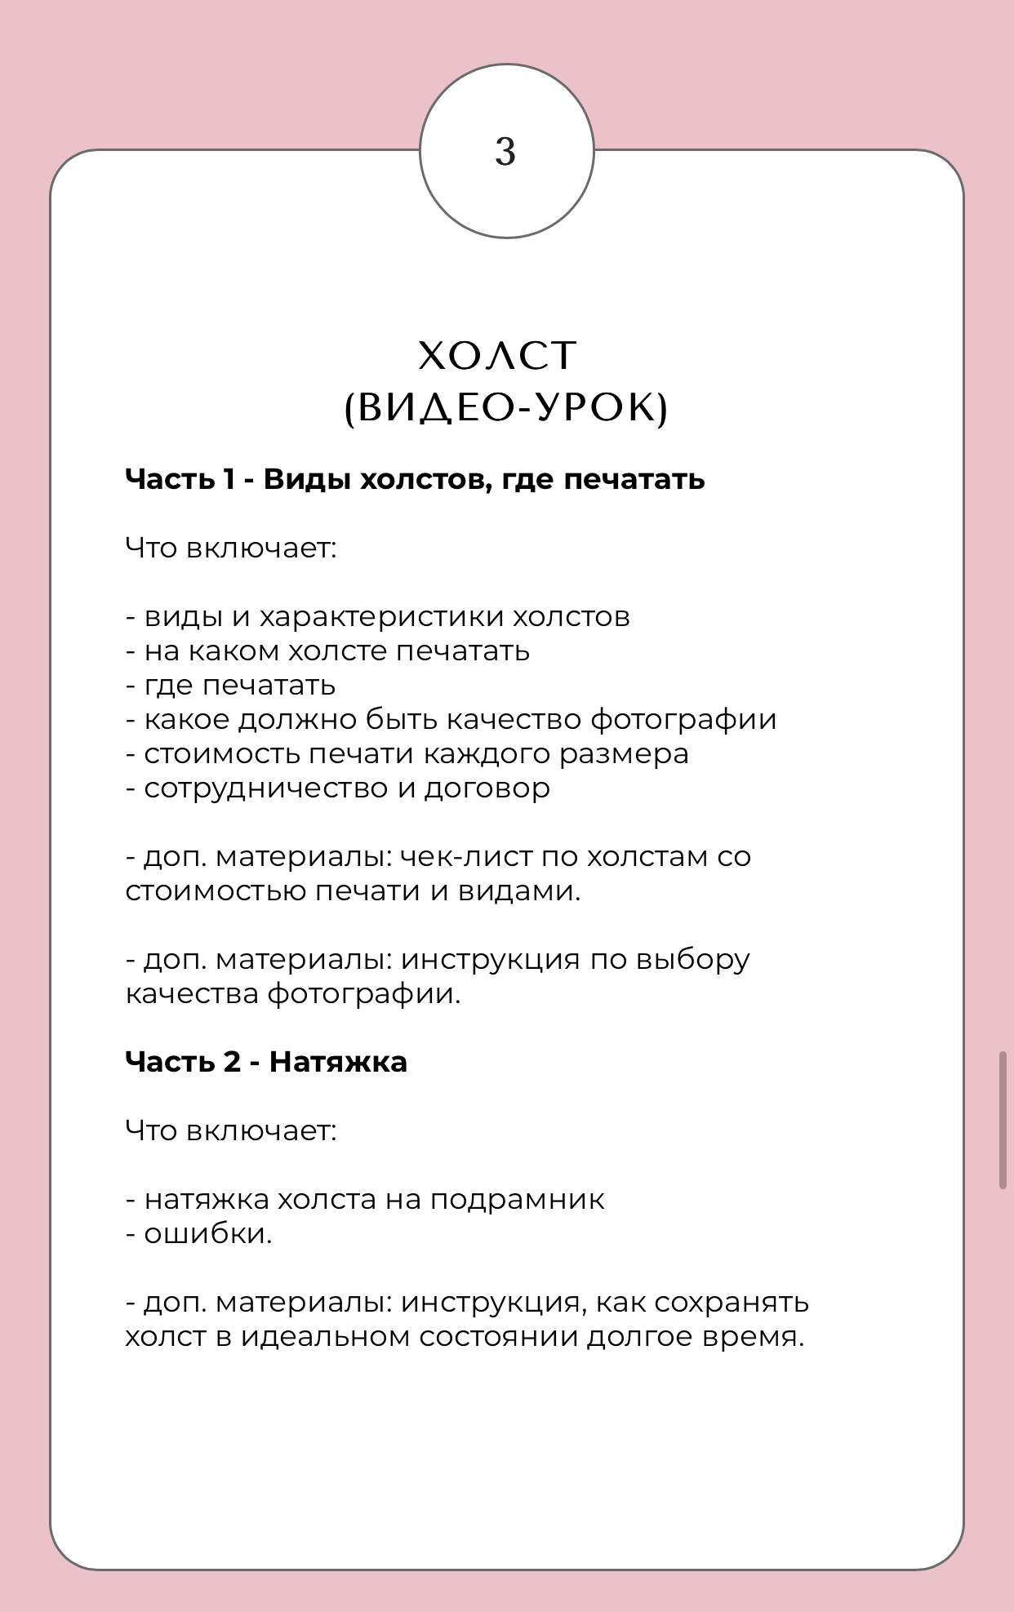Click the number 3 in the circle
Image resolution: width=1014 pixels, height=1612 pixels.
505,152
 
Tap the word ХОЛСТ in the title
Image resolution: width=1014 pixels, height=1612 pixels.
497,356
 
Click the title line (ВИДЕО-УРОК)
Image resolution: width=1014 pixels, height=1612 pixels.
506,407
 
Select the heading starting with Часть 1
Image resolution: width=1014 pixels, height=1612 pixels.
415,479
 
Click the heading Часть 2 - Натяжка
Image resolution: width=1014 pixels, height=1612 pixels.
266,1062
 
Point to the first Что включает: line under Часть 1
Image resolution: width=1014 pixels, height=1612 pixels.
231,548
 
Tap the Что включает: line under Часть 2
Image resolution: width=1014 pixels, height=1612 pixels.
231,1130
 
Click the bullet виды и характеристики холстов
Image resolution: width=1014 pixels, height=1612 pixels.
378,617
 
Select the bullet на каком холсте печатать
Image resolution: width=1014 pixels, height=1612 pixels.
328,651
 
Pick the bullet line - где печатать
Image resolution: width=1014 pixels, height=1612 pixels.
231,686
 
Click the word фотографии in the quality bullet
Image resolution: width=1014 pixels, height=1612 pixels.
683,720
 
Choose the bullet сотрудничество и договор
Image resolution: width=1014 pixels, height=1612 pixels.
338,788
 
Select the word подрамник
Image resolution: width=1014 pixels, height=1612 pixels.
517,1200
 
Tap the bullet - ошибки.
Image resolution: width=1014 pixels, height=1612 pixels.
199,1234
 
